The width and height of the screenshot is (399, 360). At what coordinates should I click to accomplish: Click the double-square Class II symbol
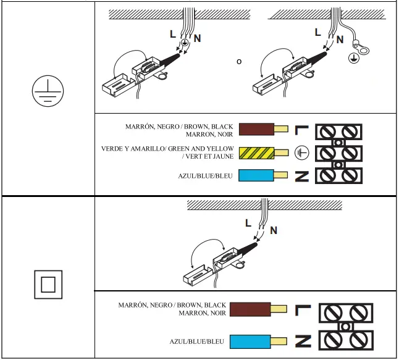pos(48,284)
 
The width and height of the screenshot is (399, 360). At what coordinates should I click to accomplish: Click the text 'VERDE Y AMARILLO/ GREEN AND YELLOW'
pos(168,149)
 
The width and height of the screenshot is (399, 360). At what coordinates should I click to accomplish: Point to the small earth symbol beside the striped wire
pos(301,152)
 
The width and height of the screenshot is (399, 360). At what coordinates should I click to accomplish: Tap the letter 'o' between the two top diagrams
pos(239,62)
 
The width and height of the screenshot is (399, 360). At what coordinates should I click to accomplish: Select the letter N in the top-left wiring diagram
pos(197,38)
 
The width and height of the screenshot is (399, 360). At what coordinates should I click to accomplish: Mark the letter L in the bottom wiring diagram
pos(248,223)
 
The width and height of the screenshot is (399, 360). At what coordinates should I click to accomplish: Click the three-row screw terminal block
pos(338,153)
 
